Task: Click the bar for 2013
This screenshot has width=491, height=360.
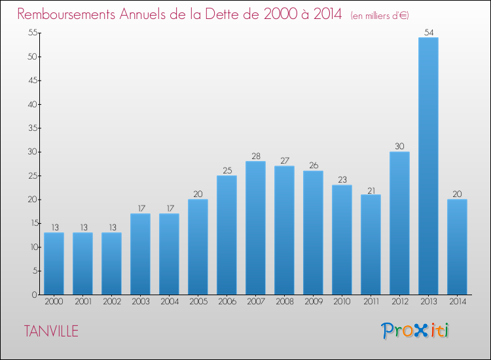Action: click(x=428, y=166)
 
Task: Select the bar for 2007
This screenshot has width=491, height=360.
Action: click(x=255, y=228)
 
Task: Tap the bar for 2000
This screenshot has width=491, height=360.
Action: click(x=54, y=264)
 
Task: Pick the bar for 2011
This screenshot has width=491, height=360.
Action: click(x=371, y=245)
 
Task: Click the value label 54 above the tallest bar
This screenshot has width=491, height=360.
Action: click(x=429, y=32)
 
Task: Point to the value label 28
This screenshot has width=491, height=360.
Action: click(x=256, y=156)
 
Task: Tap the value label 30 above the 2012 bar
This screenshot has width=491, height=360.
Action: click(x=399, y=146)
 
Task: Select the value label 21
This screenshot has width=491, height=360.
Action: click(x=371, y=190)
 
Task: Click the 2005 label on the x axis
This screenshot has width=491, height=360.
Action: click(x=198, y=301)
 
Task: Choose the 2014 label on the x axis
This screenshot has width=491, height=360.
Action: click(x=458, y=301)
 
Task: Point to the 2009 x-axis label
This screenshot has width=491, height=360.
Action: click(x=314, y=301)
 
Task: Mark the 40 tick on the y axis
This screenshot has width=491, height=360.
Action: click(x=33, y=104)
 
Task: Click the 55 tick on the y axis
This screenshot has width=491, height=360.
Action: click(x=33, y=33)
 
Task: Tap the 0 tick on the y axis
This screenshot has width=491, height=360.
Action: click(x=35, y=295)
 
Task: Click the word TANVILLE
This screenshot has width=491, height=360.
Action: click(x=51, y=331)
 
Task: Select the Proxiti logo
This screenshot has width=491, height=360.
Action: click(x=415, y=331)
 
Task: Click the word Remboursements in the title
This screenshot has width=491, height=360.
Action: click(x=66, y=14)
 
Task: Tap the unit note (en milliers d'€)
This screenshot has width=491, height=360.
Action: click(x=380, y=16)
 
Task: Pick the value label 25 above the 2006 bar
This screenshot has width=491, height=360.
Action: click(x=227, y=170)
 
